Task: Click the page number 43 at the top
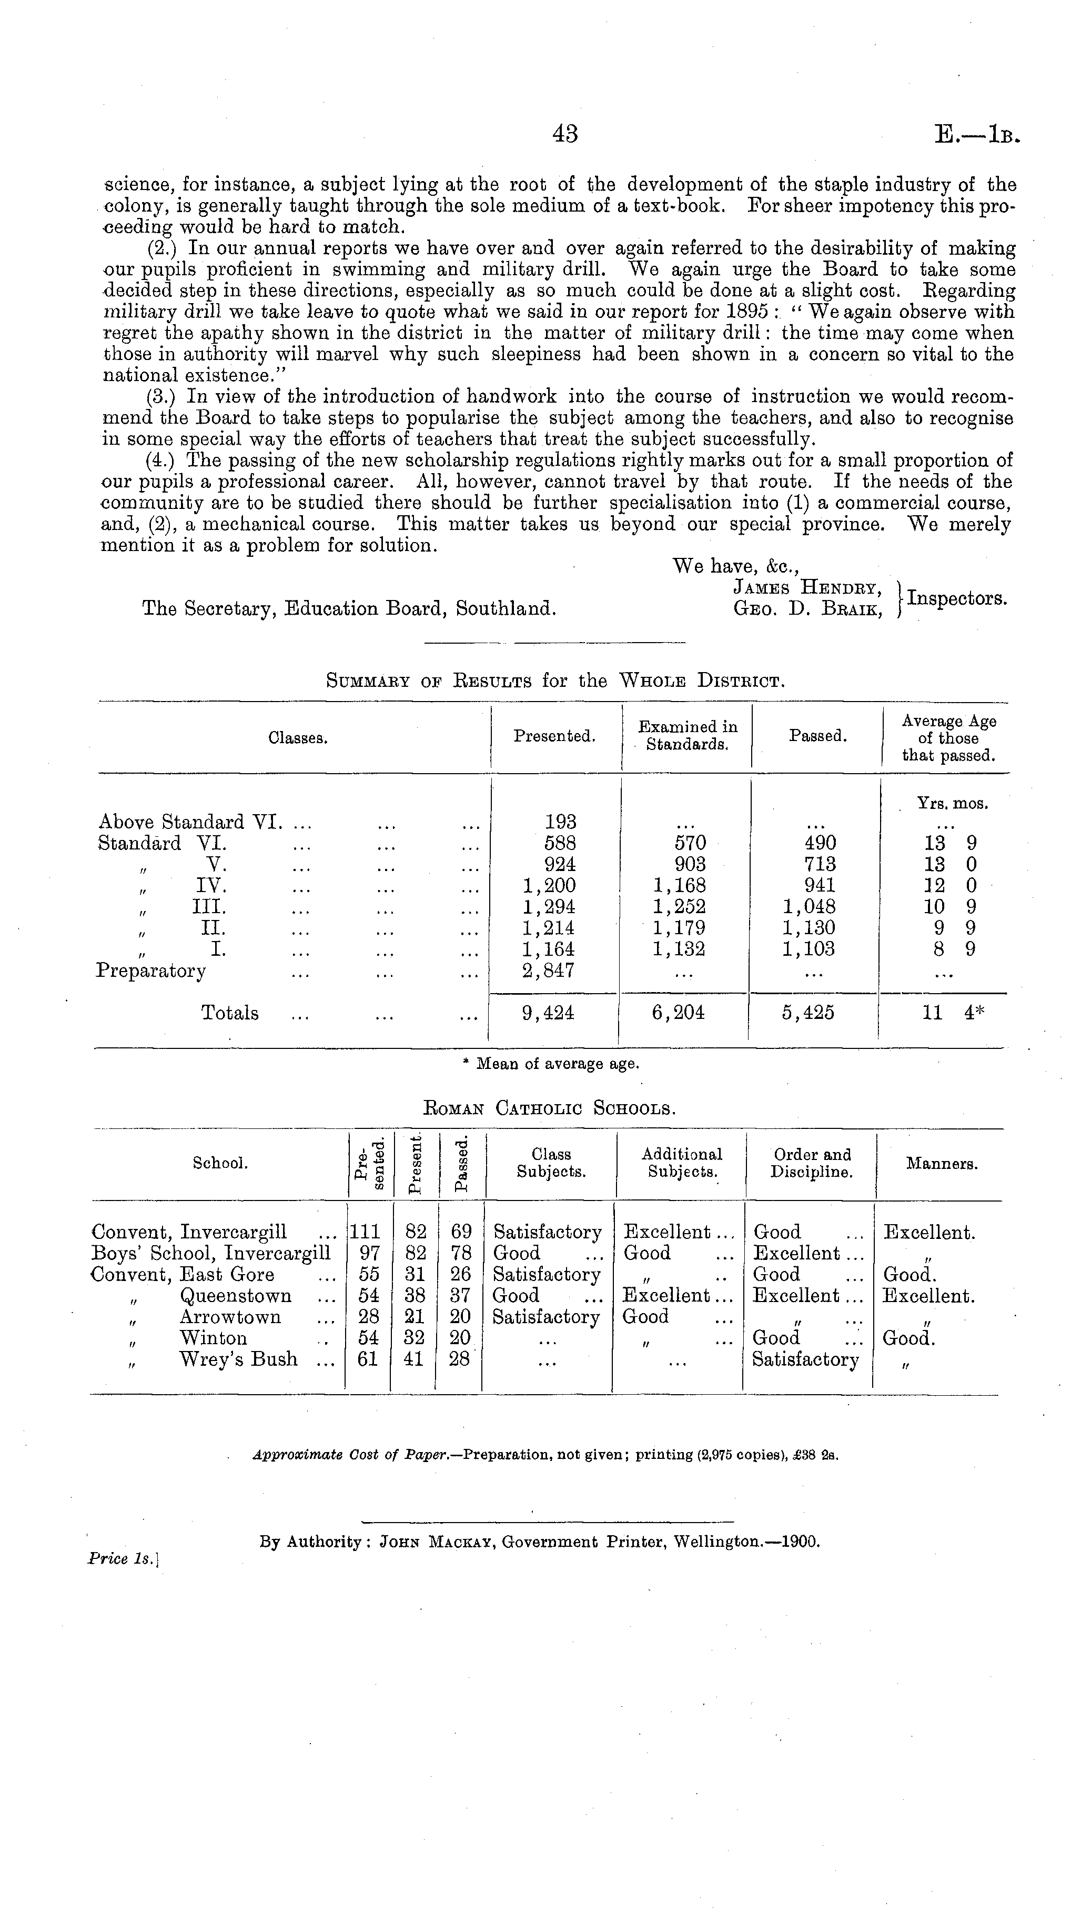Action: coord(565,134)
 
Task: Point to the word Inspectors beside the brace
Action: coord(957,598)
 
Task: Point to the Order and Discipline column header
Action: coord(811,1163)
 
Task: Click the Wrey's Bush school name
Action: coord(239,1359)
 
